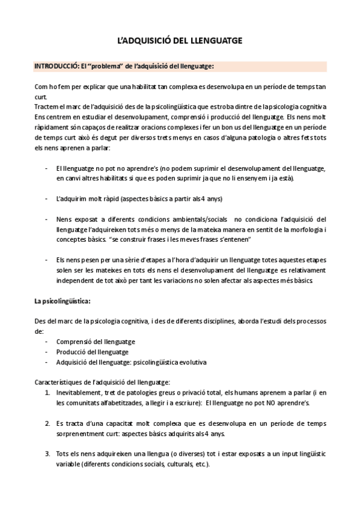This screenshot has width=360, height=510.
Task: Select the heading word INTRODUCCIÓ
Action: (x=56, y=66)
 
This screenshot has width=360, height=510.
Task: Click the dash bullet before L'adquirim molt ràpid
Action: (x=47, y=198)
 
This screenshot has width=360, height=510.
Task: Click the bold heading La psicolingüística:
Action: (x=63, y=301)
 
